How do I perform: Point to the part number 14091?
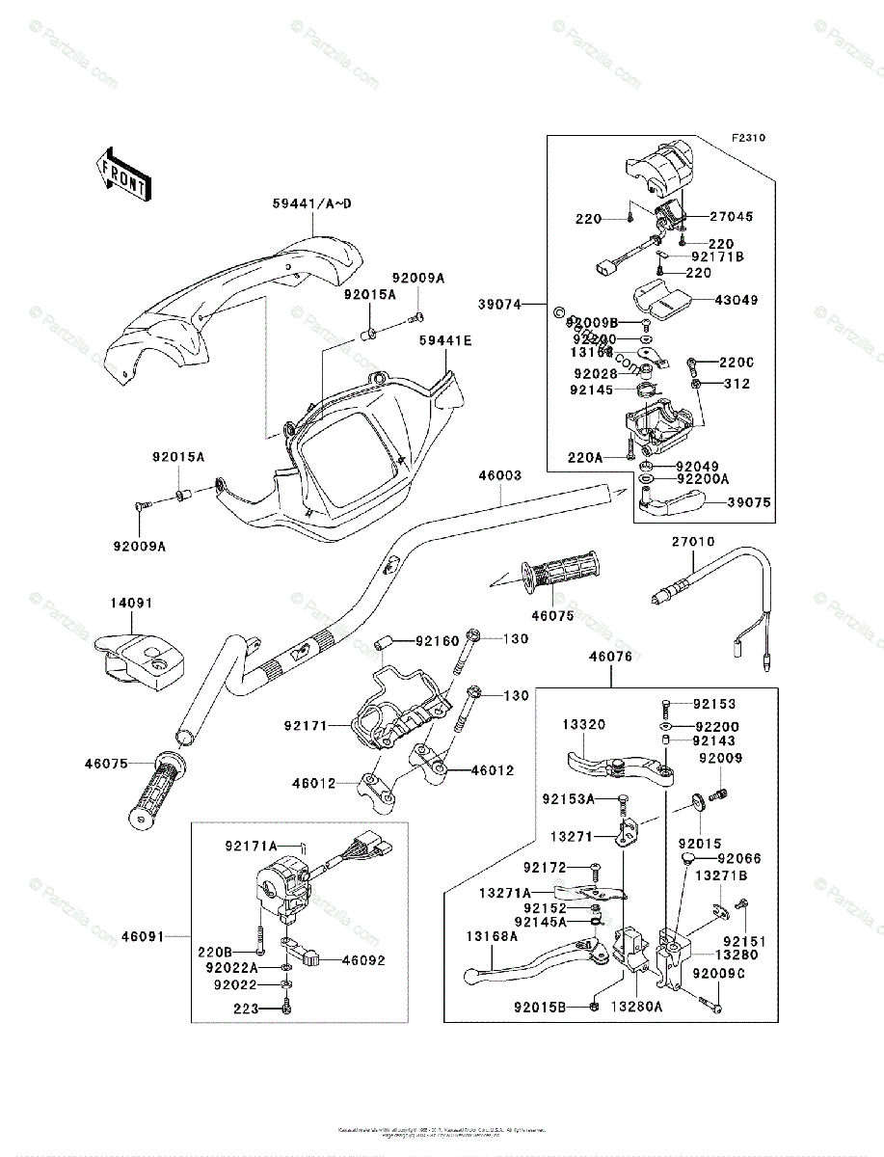pos(132,603)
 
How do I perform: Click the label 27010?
pos(693,542)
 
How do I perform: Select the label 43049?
pos(737,300)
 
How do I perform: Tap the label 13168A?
pos(492,935)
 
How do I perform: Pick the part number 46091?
pos(142,935)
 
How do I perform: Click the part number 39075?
pos(749,502)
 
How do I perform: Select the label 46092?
pos(336,959)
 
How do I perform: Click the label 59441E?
pos(445,339)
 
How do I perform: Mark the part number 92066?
pos(739,857)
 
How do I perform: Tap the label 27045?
pos(732,217)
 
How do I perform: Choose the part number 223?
pos(245,1009)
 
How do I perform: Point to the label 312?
pos(735,384)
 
